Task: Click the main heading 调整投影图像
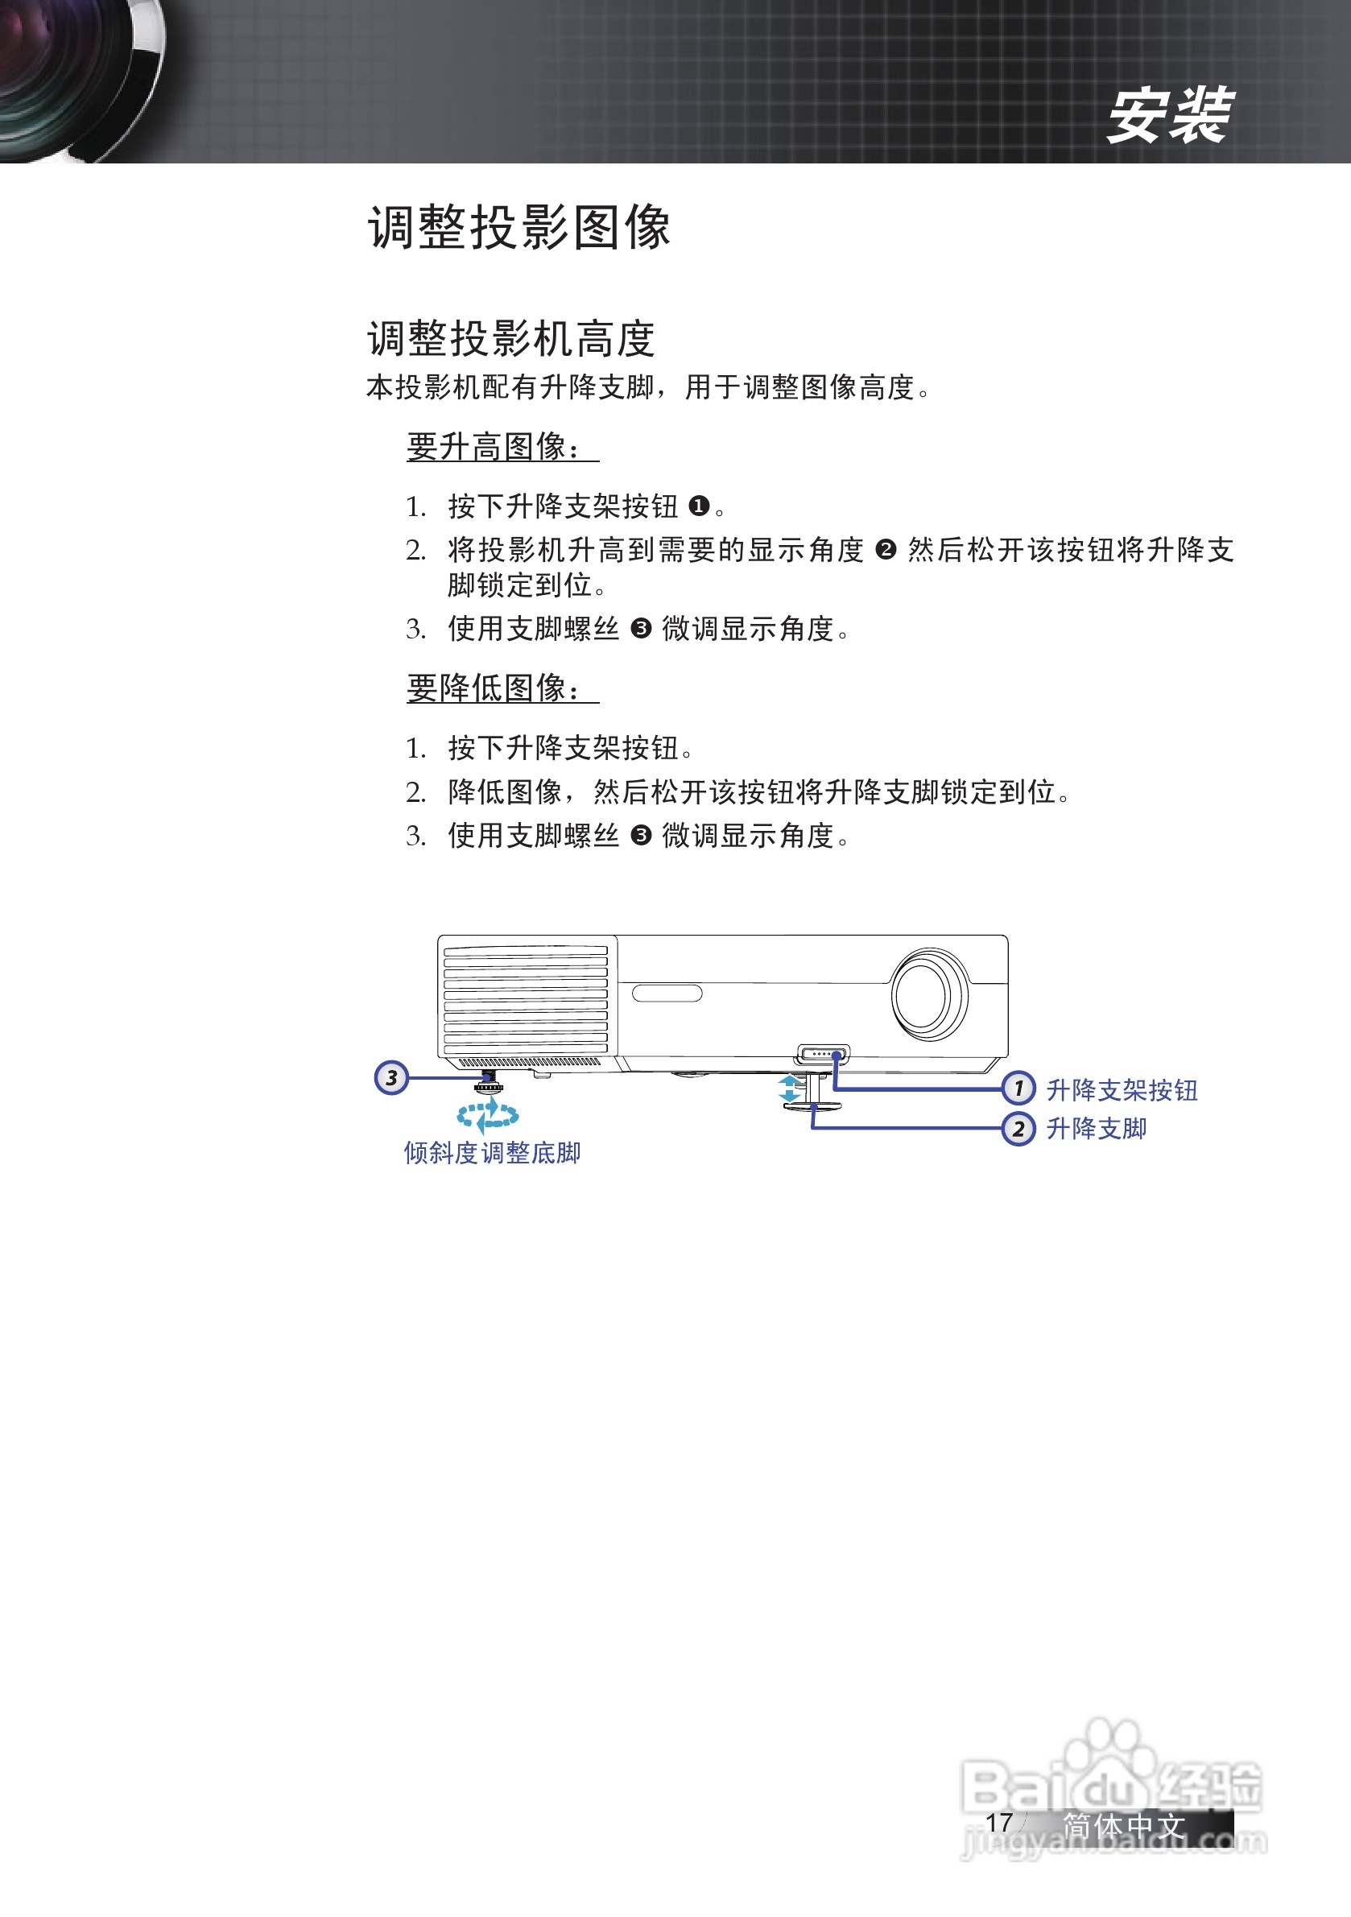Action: (x=519, y=227)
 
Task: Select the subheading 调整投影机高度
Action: (x=510, y=339)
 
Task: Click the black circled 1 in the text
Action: (x=699, y=506)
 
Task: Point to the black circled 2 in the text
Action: (x=885, y=550)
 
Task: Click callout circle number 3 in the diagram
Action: (x=390, y=1078)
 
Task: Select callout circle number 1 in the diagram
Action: (x=1018, y=1089)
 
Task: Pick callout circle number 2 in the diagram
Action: (x=1018, y=1129)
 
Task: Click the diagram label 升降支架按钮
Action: (x=1122, y=1089)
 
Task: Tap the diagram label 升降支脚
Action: (x=1097, y=1129)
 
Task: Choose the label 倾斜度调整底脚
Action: (x=492, y=1153)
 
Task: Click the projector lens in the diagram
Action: (x=928, y=994)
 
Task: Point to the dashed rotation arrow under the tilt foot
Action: (x=489, y=1113)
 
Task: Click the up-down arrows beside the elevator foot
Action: (x=789, y=1089)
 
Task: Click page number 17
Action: (x=998, y=1823)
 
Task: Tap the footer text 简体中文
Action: (x=1124, y=1825)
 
